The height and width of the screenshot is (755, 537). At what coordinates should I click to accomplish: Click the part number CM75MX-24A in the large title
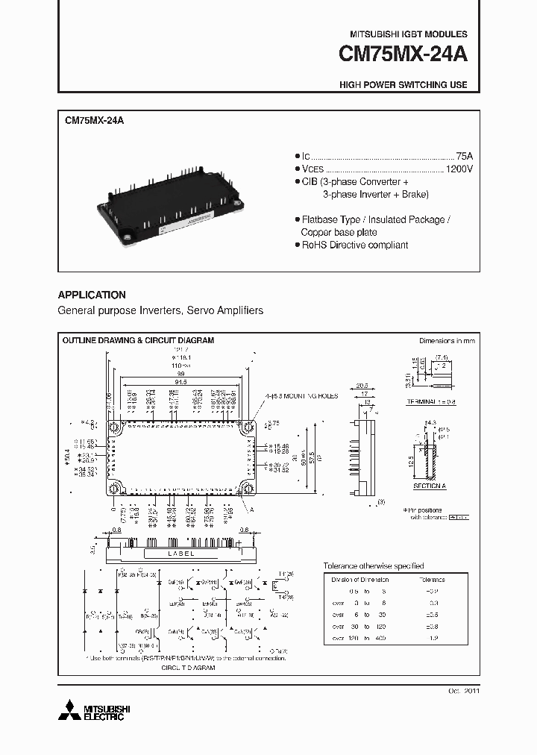tap(403, 55)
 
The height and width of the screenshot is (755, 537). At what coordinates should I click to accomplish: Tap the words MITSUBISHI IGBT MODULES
tap(409, 34)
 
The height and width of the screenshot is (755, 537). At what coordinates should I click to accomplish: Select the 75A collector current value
tap(464, 156)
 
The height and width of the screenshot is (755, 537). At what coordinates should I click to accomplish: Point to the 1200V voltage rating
tap(459, 169)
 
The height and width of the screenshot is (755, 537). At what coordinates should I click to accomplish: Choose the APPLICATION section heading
tap(92, 295)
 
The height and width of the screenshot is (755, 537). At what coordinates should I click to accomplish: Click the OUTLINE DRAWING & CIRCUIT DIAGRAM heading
tap(138, 340)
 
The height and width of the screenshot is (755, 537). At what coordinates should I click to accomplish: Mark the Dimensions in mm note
tap(447, 340)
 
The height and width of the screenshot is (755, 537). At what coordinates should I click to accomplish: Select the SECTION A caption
tap(429, 486)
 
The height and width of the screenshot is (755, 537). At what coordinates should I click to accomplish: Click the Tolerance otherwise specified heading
tap(373, 566)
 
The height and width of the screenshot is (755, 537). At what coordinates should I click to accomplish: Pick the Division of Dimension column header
tap(360, 580)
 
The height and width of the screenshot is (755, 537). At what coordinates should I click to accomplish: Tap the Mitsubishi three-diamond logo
tap(68, 709)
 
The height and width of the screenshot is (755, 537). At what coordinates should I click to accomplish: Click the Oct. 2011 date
tap(464, 691)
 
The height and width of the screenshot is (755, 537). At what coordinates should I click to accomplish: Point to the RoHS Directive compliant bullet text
tap(354, 245)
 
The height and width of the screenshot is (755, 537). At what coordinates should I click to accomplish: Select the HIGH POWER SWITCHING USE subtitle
tap(403, 84)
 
